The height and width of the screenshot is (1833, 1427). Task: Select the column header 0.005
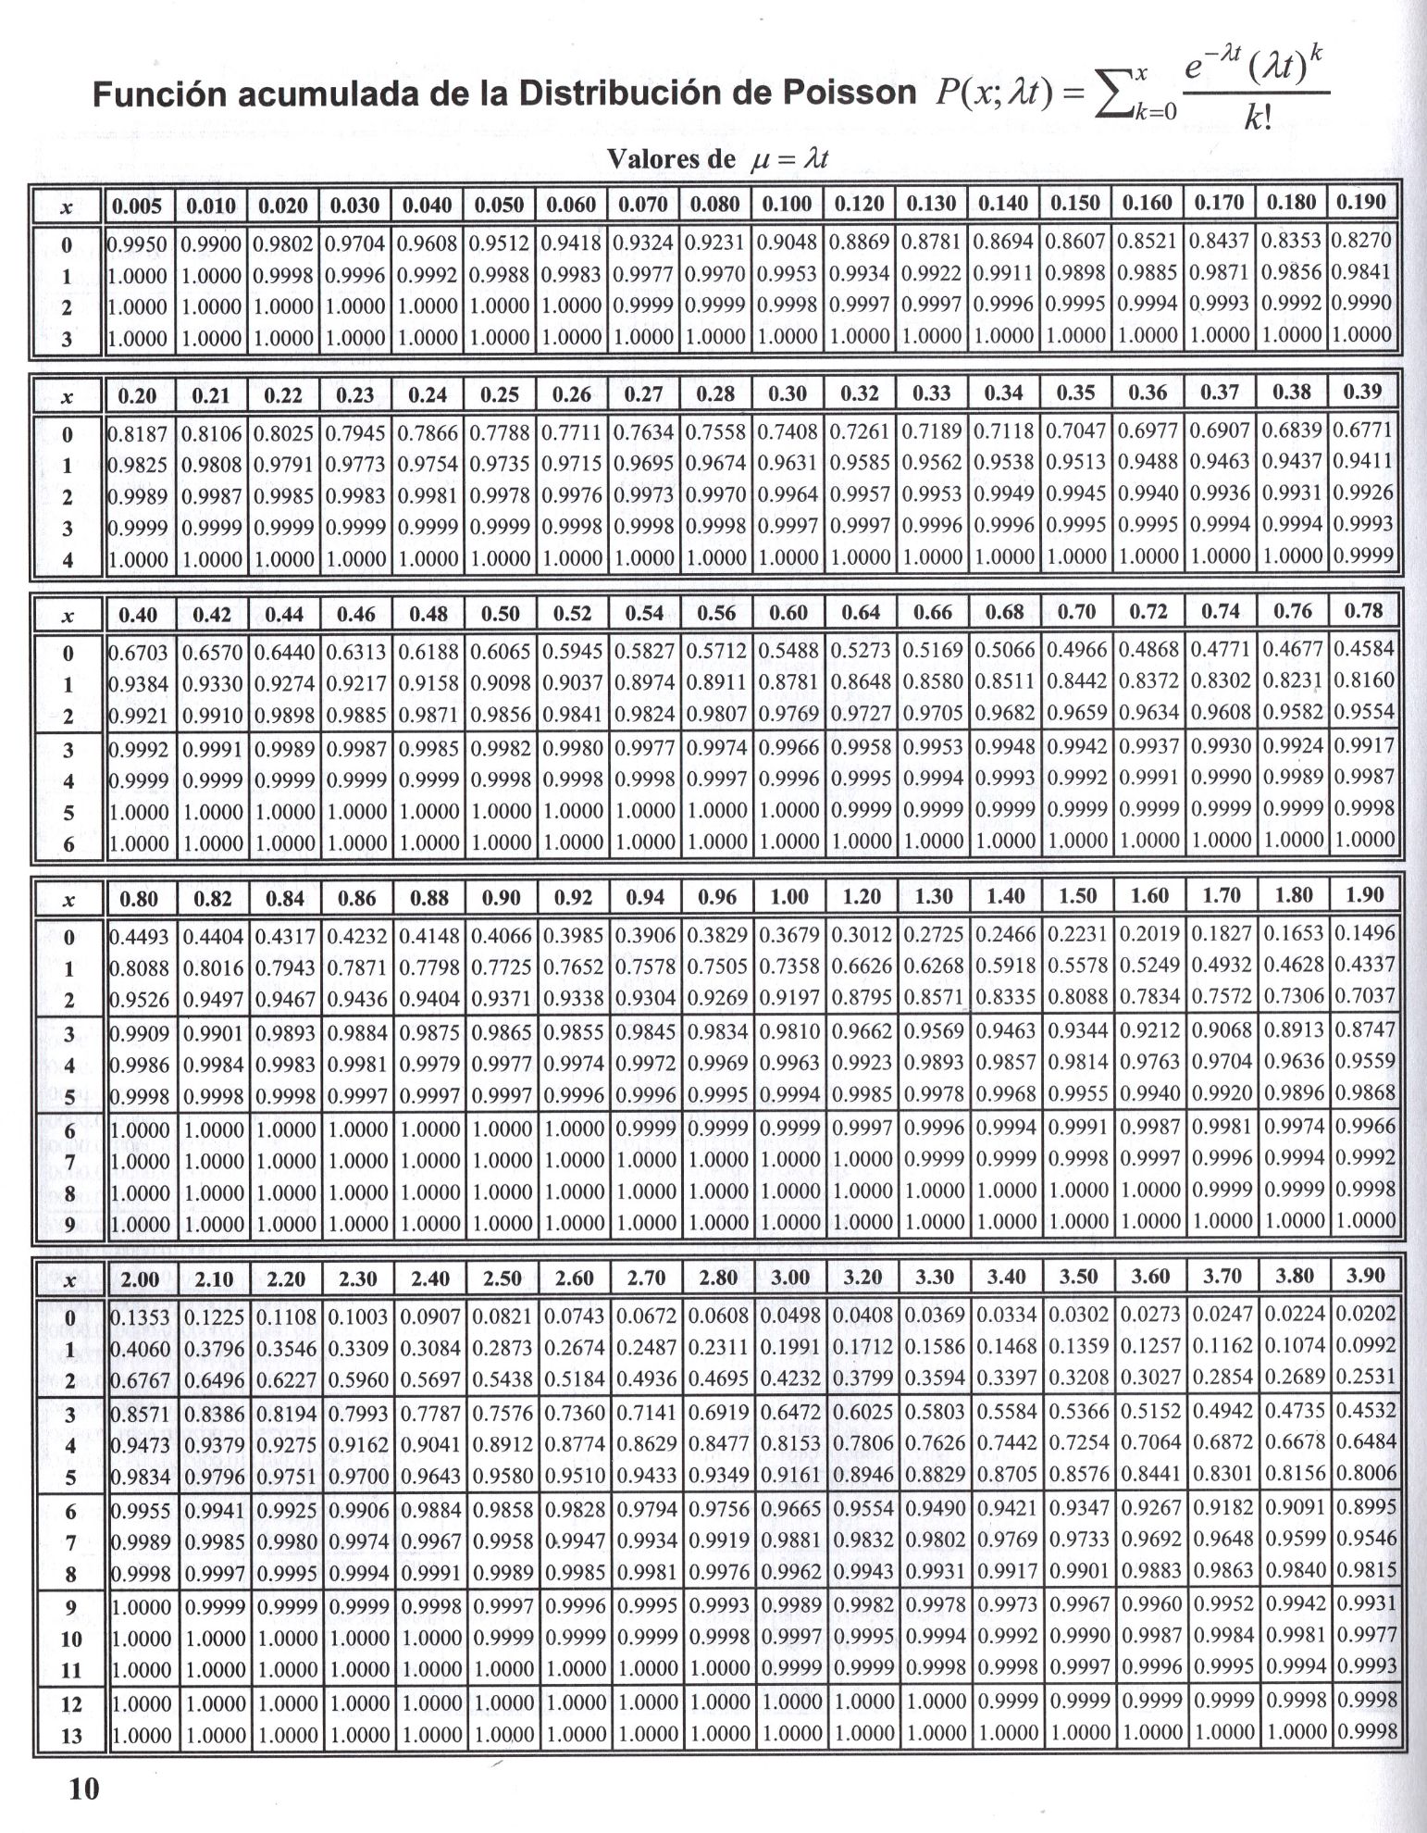click(138, 205)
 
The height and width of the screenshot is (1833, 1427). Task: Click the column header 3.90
click(1364, 1276)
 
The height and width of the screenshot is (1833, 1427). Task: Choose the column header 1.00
click(789, 896)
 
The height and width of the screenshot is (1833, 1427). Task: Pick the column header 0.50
click(501, 613)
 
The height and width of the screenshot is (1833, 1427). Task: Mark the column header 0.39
click(1363, 393)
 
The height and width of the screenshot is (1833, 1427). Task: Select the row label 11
click(70, 1670)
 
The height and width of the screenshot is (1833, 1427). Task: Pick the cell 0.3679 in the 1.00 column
click(789, 936)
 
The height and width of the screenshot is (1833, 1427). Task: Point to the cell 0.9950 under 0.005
click(138, 244)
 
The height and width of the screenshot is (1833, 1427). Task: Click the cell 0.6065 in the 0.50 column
click(501, 652)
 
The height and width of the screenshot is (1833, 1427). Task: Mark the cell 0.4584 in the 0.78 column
click(1364, 649)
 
